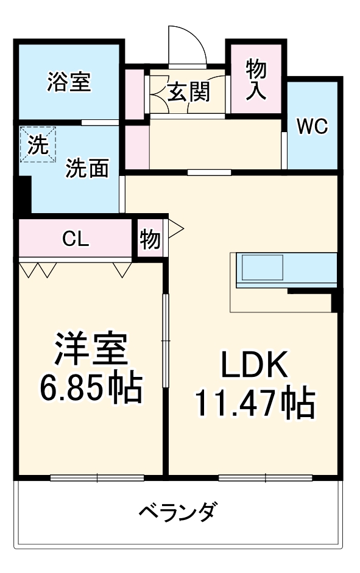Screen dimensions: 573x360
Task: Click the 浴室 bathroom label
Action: [69, 82]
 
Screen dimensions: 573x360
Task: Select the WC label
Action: [312, 127]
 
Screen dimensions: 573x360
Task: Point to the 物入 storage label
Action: [256, 80]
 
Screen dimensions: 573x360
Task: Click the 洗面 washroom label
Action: [87, 167]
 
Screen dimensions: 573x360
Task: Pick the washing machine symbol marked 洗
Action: [38, 145]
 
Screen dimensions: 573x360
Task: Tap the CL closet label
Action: [76, 239]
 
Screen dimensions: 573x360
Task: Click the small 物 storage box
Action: [150, 239]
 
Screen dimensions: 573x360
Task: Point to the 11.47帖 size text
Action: [254, 403]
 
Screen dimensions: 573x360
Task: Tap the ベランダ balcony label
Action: [176, 511]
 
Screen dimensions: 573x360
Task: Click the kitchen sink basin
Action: [263, 266]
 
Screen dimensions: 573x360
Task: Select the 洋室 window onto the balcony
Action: [96, 477]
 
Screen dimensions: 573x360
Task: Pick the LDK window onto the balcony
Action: [266, 477]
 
